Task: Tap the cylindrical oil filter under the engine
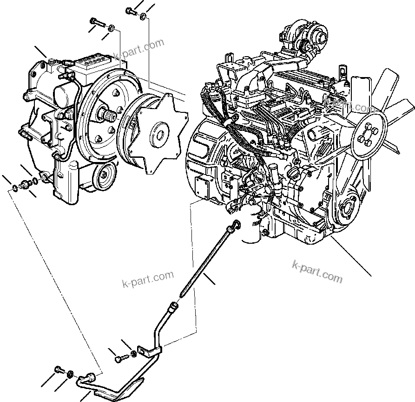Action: pos(250,225)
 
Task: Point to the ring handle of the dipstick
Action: pos(236,225)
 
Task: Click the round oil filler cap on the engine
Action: pos(295,174)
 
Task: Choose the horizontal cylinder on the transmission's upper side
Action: pos(65,95)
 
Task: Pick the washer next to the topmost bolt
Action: pos(143,17)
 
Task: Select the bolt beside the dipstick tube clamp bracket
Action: pos(120,358)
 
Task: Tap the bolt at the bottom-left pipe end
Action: pos(59,370)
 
